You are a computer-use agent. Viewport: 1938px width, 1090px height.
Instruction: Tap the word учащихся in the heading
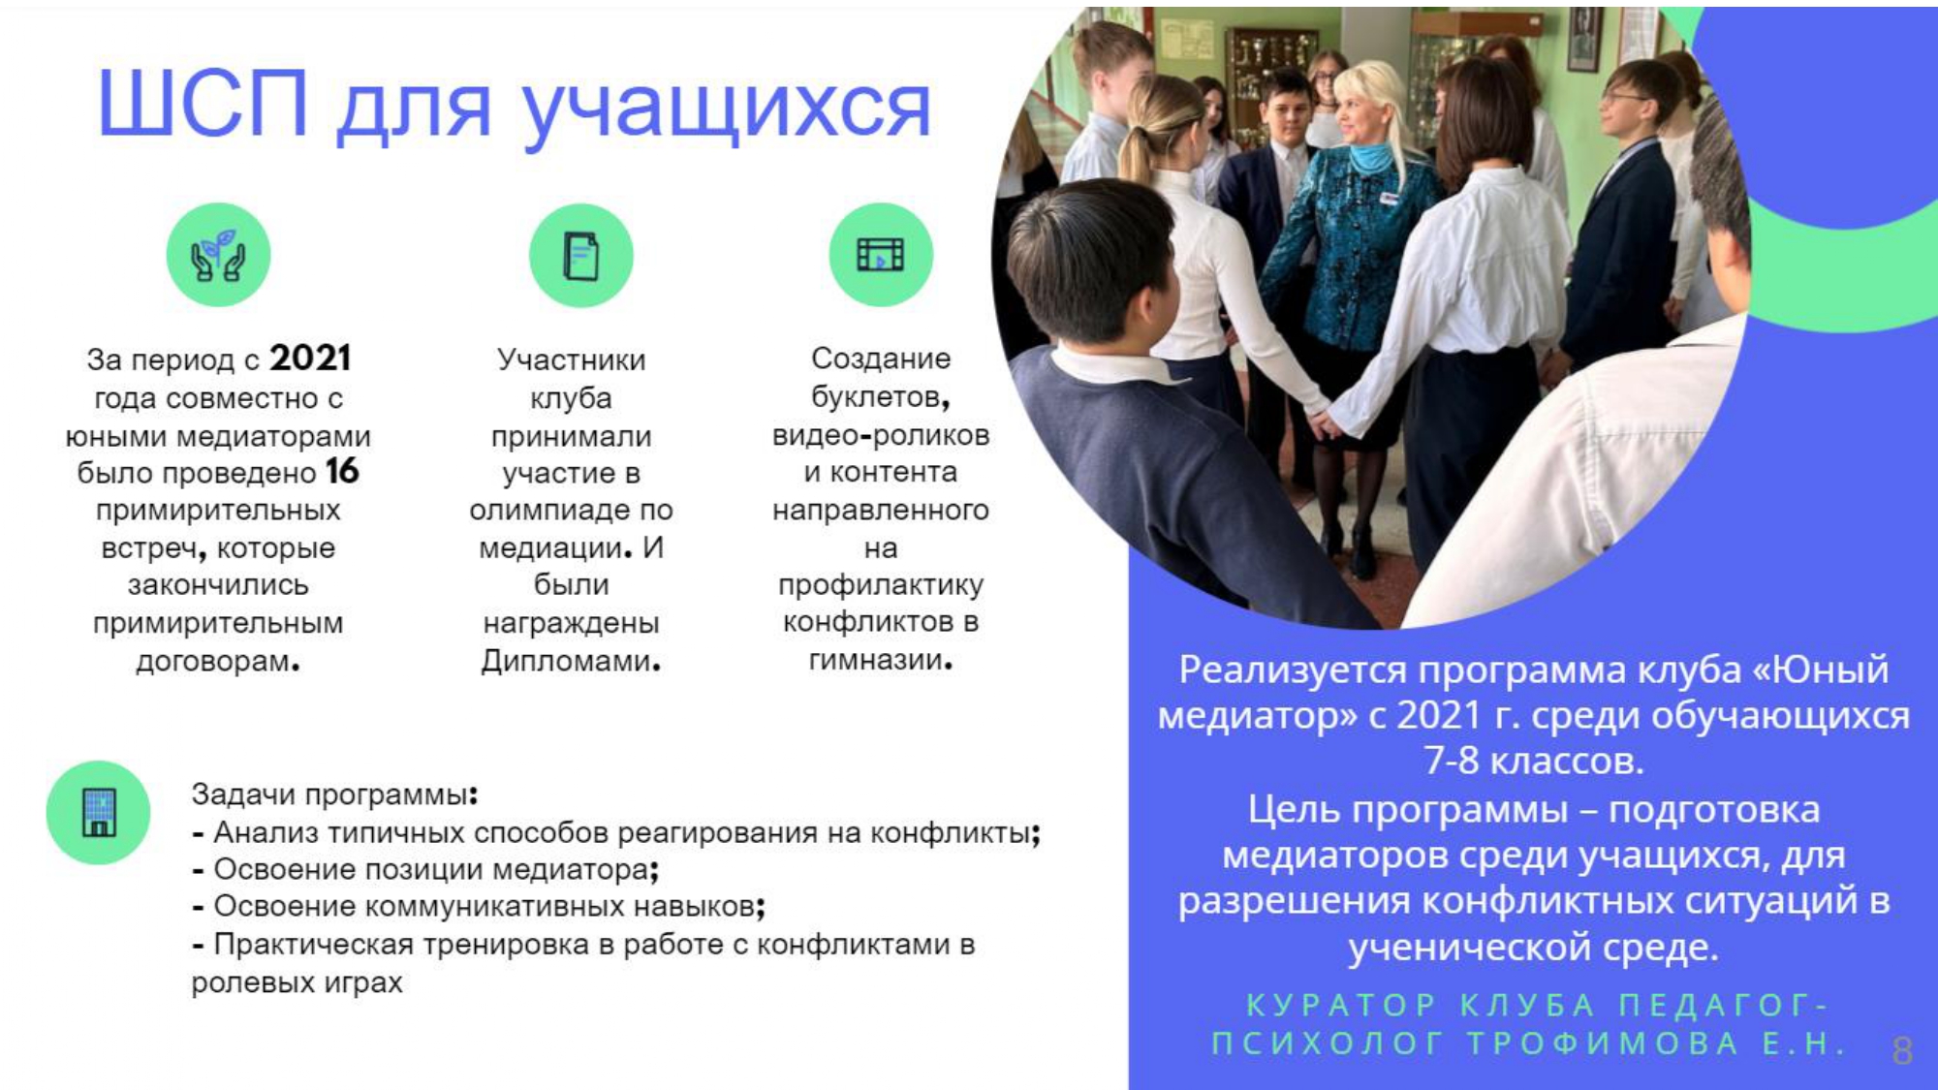pos(727,109)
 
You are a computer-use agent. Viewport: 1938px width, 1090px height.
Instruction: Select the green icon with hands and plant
pos(218,255)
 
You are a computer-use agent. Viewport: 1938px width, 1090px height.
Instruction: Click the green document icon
pos(580,255)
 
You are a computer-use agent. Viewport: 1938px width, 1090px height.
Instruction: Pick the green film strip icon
pos(880,255)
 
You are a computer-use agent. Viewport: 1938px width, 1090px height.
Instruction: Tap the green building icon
pos(98,812)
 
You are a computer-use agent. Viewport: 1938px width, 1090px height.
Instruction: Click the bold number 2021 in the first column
pos(310,358)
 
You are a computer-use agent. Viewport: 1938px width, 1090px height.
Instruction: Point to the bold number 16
pos(342,472)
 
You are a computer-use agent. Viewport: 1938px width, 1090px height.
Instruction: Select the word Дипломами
pos(571,661)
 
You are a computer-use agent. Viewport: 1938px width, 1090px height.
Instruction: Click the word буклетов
pos(880,397)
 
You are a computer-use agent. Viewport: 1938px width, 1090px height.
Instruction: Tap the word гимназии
pos(880,660)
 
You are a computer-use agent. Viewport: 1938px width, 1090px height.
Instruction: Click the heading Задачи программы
pos(334,794)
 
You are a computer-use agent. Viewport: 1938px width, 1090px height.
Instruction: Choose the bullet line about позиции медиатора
pos(425,869)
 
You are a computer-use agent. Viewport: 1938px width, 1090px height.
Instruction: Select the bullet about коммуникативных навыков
pos(479,906)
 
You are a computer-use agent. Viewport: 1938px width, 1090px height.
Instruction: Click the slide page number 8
pos(1902,1051)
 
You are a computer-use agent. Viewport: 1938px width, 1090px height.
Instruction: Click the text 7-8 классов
pos(1533,761)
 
